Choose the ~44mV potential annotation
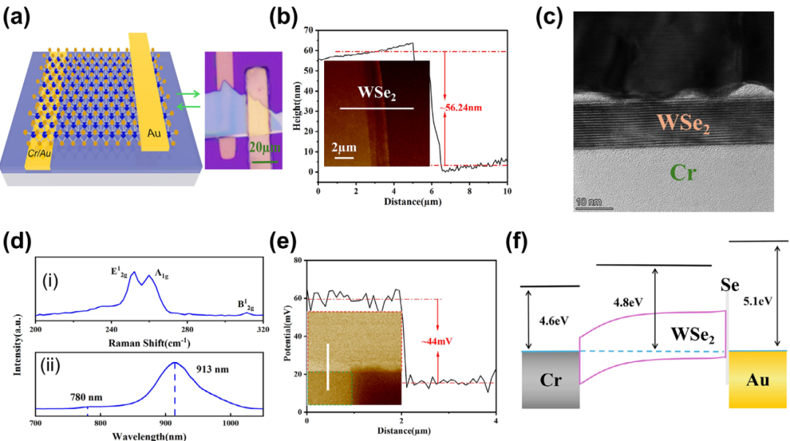tap(454, 340)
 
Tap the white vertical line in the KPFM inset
tap(328, 366)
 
